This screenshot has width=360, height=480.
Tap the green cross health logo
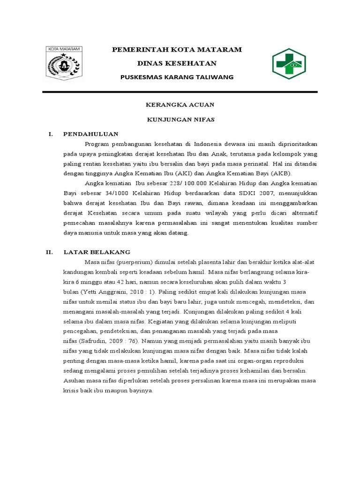(x=289, y=63)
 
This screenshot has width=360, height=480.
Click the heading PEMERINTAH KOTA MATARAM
(x=176, y=49)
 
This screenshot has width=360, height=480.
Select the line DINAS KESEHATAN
(x=176, y=63)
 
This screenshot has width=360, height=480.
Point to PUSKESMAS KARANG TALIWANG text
(x=176, y=77)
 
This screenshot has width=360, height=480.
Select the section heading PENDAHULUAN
(x=91, y=134)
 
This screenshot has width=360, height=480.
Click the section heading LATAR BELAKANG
(x=97, y=252)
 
